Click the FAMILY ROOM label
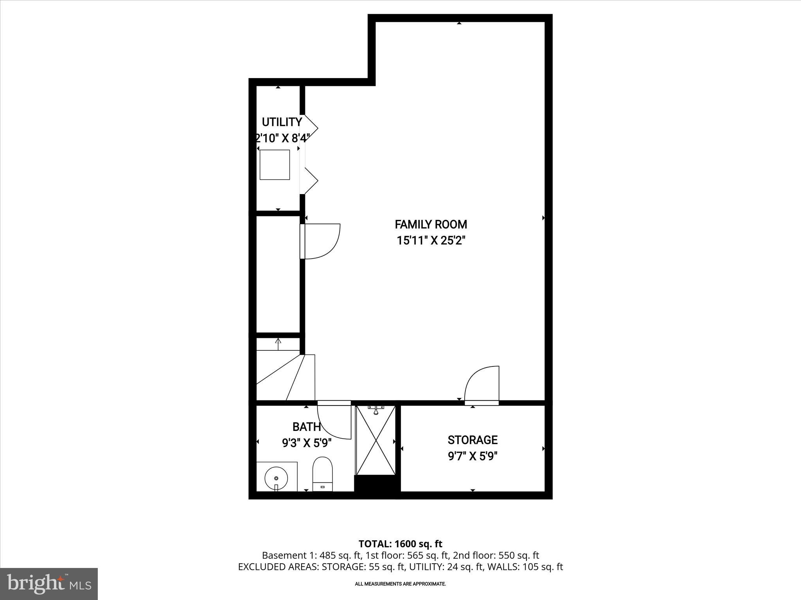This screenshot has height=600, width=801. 431,225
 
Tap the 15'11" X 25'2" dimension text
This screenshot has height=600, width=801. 431,241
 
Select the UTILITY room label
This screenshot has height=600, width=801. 282,122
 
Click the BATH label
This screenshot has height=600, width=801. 307,427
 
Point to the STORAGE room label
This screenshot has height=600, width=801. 472,440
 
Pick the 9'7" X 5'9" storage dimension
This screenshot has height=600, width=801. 472,456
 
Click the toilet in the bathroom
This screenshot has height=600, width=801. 323,473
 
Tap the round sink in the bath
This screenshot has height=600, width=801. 276,478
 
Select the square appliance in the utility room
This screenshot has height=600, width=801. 275,164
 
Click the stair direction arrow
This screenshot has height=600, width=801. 278,343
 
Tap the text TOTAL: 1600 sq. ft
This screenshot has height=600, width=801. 400,543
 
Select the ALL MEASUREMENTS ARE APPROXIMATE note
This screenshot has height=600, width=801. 400,584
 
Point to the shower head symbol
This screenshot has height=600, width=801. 375,410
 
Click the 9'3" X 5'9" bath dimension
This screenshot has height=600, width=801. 307,443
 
